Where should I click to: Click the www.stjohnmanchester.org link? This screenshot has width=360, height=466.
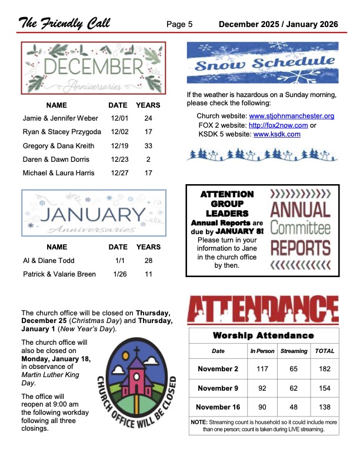click(292, 116)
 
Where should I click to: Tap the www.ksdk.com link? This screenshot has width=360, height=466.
click(276, 134)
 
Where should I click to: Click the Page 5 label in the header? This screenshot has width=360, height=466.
click(179, 24)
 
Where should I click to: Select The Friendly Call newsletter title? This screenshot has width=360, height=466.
click(64, 24)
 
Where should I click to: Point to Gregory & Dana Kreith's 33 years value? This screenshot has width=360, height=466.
click(148, 145)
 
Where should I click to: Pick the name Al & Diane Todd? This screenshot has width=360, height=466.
click(49, 260)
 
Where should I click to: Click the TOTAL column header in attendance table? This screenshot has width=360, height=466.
click(325, 351)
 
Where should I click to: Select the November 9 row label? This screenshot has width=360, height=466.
click(218, 388)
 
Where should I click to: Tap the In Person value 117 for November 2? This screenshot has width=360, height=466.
click(262, 369)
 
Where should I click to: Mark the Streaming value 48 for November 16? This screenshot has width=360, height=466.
click(294, 407)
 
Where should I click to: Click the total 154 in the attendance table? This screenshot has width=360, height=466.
click(325, 388)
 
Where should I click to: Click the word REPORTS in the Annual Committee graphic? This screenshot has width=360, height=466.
click(300, 247)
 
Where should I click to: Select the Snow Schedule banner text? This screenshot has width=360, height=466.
click(262, 64)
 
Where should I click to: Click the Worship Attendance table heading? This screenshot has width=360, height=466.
click(263, 335)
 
